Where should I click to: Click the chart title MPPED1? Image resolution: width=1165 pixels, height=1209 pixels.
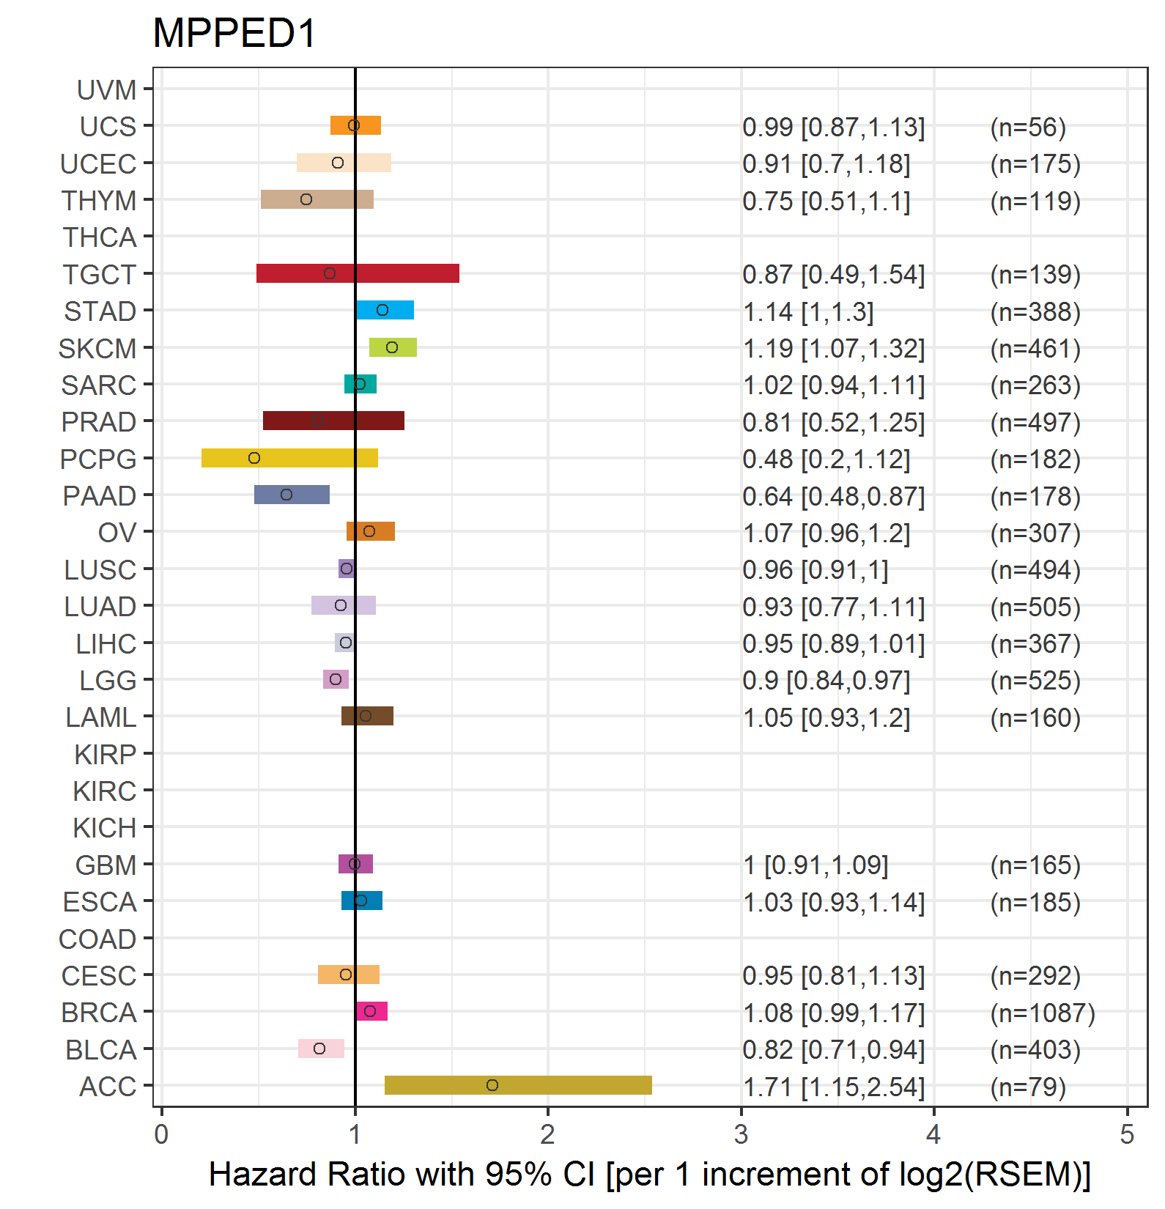tap(234, 34)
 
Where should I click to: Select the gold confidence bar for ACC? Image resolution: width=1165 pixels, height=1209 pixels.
tap(518, 1085)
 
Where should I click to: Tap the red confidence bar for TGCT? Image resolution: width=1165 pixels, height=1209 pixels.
tap(358, 273)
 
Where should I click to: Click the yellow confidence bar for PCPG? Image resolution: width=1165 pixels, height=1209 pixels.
tap(289, 458)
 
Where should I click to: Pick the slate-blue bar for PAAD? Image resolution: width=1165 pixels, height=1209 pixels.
tap(292, 495)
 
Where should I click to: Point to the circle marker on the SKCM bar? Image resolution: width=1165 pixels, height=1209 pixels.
tap(392, 347)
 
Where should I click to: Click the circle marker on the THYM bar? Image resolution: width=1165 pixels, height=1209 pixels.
tap(306, 199)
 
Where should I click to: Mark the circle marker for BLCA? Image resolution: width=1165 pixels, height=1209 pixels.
tap(319, 1049)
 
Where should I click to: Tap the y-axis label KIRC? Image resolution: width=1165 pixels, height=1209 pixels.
tap(105, 791)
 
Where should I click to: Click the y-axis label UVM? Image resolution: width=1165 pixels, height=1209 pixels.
tap(107, 90)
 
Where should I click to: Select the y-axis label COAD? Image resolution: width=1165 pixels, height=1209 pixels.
tap(97, 939)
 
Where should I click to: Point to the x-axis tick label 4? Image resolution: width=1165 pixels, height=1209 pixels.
tap(933, 1135)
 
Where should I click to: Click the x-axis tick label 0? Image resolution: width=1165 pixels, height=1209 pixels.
tap(161, 1135)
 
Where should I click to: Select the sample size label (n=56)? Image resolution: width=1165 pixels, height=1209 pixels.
tap(1028, 127)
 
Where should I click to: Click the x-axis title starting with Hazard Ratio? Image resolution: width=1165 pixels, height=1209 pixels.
tap(649, 1175)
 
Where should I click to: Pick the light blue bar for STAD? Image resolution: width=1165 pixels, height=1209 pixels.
tap(385, 310)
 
